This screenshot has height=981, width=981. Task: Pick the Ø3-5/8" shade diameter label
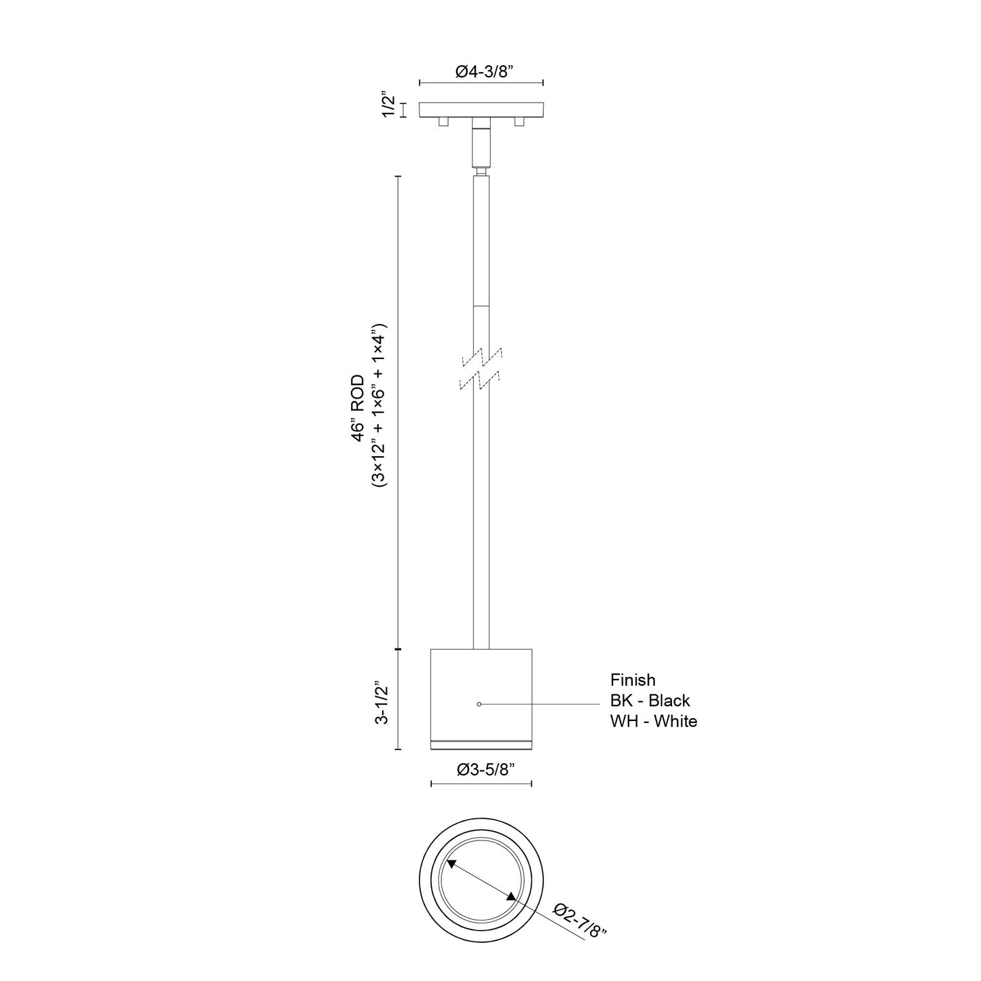[x=481, y=769]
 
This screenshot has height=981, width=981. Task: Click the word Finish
[x=633, y=680]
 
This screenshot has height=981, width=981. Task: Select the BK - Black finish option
[x=650, y=700]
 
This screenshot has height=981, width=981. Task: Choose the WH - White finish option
[x=653, y=721]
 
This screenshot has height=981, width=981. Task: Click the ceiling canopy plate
[x=481, y=109]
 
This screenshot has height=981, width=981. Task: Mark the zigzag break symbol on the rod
[x=481, y=369]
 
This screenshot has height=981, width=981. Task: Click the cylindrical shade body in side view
[x=481, y=692]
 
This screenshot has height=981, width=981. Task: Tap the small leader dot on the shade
[x=479, y=705]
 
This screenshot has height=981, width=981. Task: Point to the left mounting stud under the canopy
[x=443, y=122]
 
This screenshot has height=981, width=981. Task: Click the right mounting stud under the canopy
[x=520, y=122]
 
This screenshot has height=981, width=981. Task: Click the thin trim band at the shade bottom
[x=481, y=745]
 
